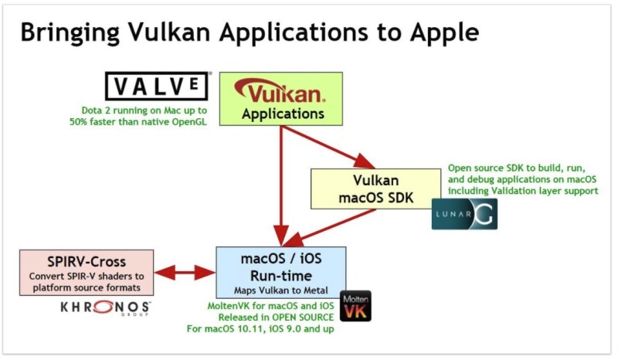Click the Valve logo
(157, 86)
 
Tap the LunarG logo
(464, 214)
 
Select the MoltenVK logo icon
(355, 306)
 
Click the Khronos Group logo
(105, 307)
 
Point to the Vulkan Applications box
(281, 99)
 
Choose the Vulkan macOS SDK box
(375, 188)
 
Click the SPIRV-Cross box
(87, 273)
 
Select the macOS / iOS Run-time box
(281, 273)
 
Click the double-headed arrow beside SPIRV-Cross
(185, 273)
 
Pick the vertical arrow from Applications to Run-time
(281, 186)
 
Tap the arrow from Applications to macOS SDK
(328, 147)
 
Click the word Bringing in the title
(70, 32)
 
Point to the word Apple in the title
(445, 32)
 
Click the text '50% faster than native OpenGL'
(138, 122)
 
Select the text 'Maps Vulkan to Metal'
(281, 290)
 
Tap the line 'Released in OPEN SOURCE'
(276, 318)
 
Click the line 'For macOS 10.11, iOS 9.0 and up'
(260, 329)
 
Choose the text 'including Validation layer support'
(523, 191)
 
